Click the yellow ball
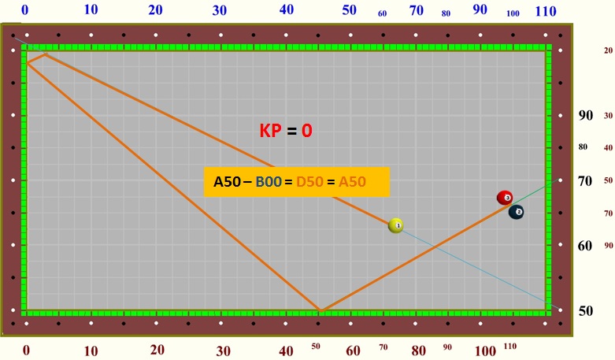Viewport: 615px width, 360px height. click(x=396, y=225)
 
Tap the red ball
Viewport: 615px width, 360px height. click(x=505, y=198)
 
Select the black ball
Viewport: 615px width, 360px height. click(x=517, y=212)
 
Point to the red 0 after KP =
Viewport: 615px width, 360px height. click(x=306, y=131)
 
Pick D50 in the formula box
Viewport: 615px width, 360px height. click(x=309, y=182)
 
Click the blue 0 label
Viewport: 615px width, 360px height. click(x=24, y=10)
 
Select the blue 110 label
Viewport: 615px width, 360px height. click(x=546, y=12)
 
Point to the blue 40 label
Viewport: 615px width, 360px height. click(x=287, y=10)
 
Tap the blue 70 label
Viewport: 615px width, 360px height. click(x=417, y=10)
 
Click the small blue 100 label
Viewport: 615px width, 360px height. click(x=513, y=13)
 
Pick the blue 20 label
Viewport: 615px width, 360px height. click(x=156, y=10)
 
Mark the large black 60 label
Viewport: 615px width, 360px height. click(x=585, y=246)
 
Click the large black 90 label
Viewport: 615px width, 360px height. click(x=585, y=115)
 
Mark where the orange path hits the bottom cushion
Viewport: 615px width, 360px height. click(x=319, y=311)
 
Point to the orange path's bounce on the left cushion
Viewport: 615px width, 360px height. click(x=26, y=61)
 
